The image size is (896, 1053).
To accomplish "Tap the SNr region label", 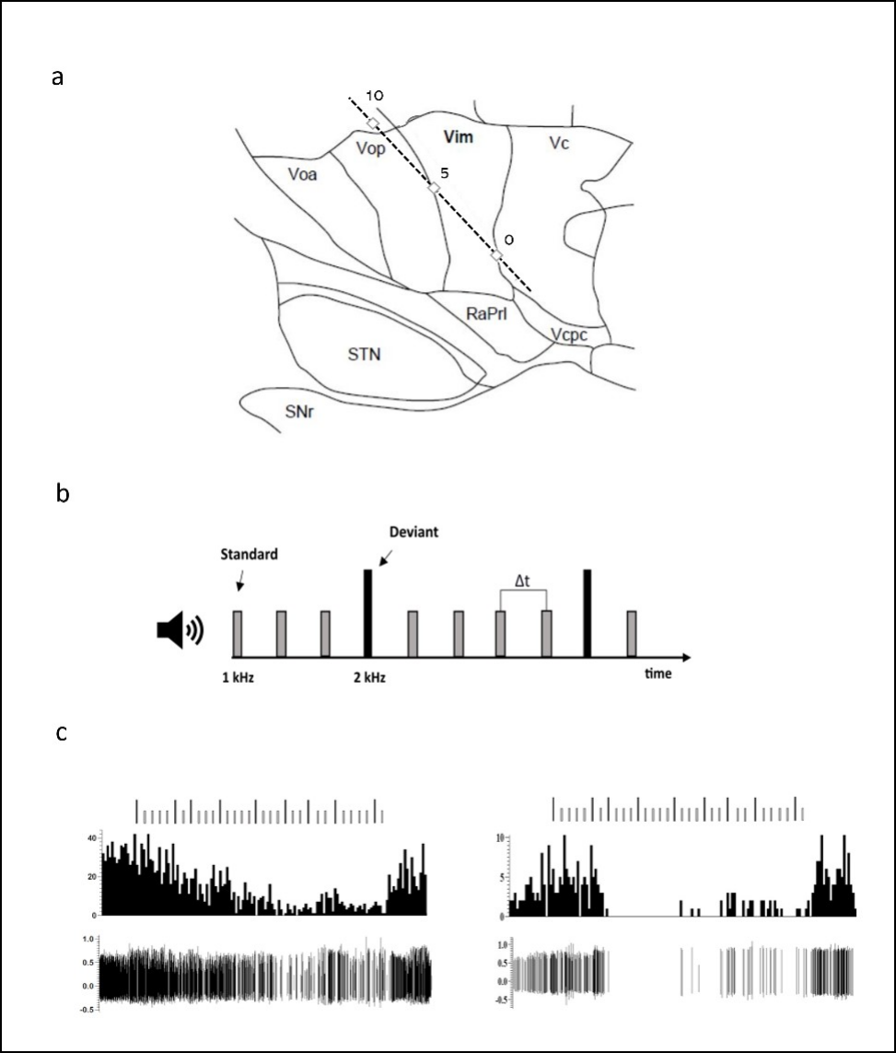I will tap(298, 412).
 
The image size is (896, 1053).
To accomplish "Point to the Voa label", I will tap(302, 174).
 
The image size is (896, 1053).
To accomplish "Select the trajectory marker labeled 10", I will tap(373, 123).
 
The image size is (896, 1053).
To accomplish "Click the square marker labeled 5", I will tap(434, 188).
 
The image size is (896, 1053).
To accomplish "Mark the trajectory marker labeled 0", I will tap(496, 255).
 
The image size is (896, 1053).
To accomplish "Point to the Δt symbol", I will tap(522, 579).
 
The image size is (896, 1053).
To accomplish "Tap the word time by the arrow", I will tap(657, 673).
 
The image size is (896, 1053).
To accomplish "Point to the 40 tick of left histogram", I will tap(90, 837).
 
